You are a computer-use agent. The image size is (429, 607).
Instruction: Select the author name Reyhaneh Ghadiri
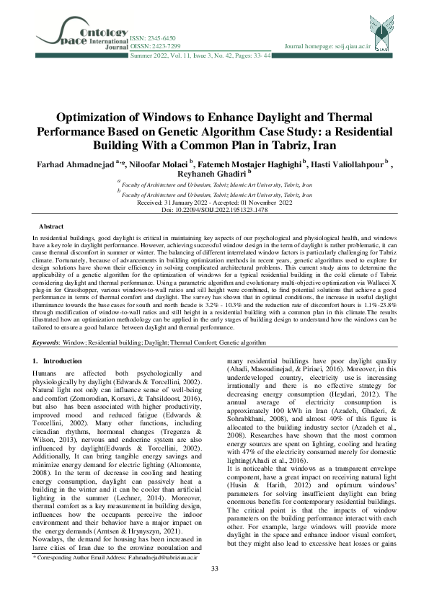click(213, 176)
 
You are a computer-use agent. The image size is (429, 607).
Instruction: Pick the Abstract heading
click(50, 226)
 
